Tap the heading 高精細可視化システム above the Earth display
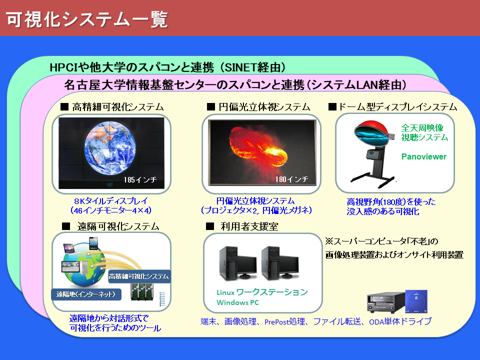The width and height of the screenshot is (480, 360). pyautogui.click(x=112, y=107)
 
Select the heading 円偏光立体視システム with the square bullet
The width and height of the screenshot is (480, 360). pyautogui.click(x=258, y=107)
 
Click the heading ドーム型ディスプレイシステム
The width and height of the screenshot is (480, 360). pyautogui.click(x=392, y=107)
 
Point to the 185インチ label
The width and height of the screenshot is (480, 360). pyautogui.click(x=142, y=179)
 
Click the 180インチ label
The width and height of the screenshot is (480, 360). pyautogui.click(x=291, y=179)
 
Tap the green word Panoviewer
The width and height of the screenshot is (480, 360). pyautogui.click(x=424, y=156)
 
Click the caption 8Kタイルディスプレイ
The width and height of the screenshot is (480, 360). pyautogui.click(x=111, y=200)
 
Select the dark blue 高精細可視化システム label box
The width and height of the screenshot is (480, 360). pyautogui.click(x=139, y=276)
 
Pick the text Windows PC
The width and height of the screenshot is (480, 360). pyautogui.click(x=237, y=302)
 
